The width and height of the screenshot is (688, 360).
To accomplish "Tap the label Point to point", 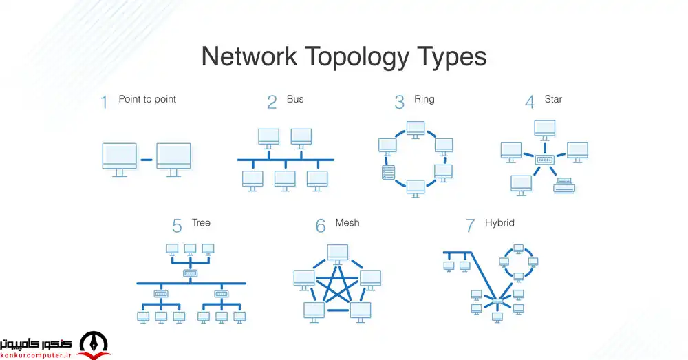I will [x=147, y=99].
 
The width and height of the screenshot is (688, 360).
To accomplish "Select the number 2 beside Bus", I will [x=272, y=103].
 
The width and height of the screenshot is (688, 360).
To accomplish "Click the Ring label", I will [x=424, y=99].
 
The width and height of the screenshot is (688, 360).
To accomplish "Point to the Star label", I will [x=552, y=99].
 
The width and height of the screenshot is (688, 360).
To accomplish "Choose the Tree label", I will [x=202, y=223].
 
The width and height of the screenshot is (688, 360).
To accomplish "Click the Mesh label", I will [x=347, y=223].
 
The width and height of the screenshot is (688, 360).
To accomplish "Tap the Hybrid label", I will [x=499, y=223].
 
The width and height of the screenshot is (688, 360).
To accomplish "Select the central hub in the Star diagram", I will [x=545, y=160].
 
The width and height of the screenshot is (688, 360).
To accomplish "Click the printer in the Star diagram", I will [x=565, y=184].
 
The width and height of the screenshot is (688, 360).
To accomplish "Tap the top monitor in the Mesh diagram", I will [x=337, y=253].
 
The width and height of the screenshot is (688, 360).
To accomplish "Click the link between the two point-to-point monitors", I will [x=147, y=160].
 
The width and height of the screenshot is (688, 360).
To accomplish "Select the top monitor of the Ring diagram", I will [x=415, y=129].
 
